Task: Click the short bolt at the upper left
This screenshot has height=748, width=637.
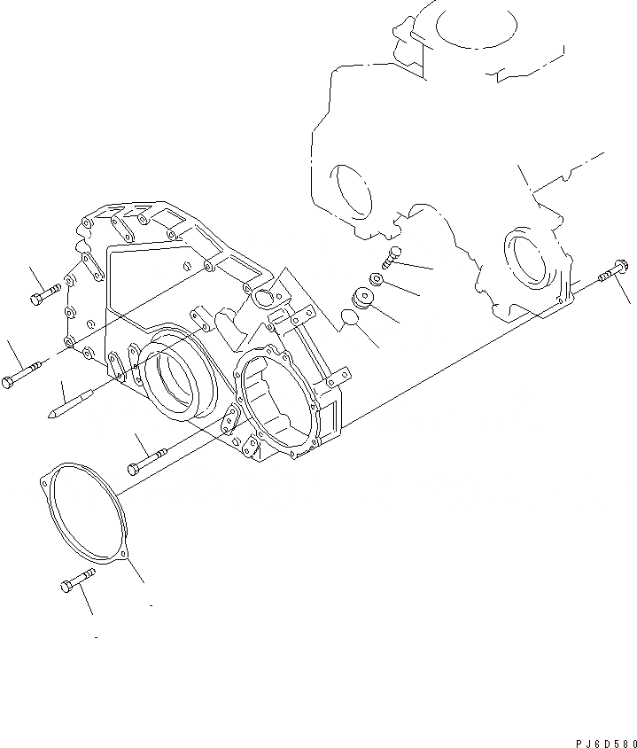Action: [x=45, y=293]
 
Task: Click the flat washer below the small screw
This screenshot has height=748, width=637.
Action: [x=377, y=280]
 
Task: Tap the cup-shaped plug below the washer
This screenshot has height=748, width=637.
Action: [x=361, y=298]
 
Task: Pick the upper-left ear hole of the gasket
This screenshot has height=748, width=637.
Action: [x=45, y=483]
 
